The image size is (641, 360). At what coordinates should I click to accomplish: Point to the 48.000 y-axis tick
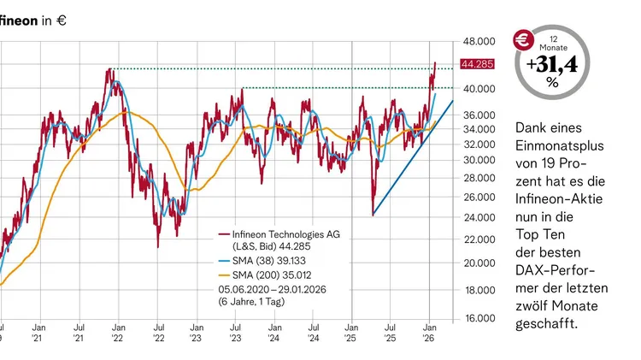(477, 41)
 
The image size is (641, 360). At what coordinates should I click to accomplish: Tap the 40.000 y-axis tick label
(477, 88)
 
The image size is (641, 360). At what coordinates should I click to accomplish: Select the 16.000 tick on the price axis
(477, 318)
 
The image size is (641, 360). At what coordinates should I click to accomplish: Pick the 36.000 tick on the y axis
(477, 115)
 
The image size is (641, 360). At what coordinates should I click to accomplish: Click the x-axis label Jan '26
(429, 332)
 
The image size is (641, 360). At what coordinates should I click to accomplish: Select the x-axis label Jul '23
(235, 332)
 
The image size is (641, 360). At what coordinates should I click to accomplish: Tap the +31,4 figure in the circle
(553, 64)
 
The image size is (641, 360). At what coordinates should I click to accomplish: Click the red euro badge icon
(523, 39)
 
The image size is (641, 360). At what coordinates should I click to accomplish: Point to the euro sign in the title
(62, 21)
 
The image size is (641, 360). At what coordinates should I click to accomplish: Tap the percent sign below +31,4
(553, 83)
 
